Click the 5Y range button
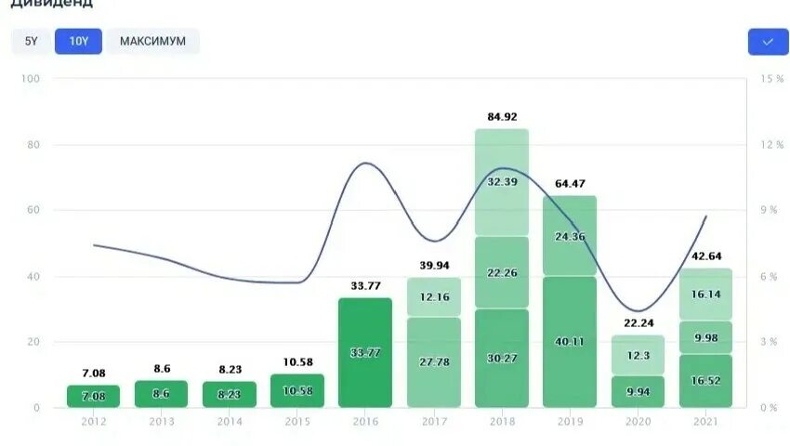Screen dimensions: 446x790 [x=32, y=42]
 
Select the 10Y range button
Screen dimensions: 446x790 [x=78, y=42]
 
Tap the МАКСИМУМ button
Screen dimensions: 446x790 [x=152, y=42]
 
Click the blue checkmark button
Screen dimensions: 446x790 [x=768, y=42]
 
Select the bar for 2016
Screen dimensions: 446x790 [x=365, y=352]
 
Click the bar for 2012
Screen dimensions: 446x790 [x=93, y=397]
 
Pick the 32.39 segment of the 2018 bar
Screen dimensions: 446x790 [x=502, y=181]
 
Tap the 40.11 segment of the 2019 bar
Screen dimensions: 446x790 [x=570, y=341]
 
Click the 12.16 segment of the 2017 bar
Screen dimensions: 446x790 [x=433, y=296]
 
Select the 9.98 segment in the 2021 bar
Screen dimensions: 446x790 [x=705, y=336]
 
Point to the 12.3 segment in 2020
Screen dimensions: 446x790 [x=638, y=355]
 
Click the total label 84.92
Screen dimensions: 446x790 [x=502, y=116]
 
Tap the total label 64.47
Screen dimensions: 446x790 [x=570, y=183]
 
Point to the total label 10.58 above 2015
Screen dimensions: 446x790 [x=297, y=361]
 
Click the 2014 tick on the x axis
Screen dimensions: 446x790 [x=230, y=422]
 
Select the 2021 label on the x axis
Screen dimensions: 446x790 [x=705, y=422]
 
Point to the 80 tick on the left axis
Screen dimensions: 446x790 [x=34, y=145]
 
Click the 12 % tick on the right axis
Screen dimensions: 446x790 [x=772, y=145]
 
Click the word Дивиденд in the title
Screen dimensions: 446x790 [x=51, y=4]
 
